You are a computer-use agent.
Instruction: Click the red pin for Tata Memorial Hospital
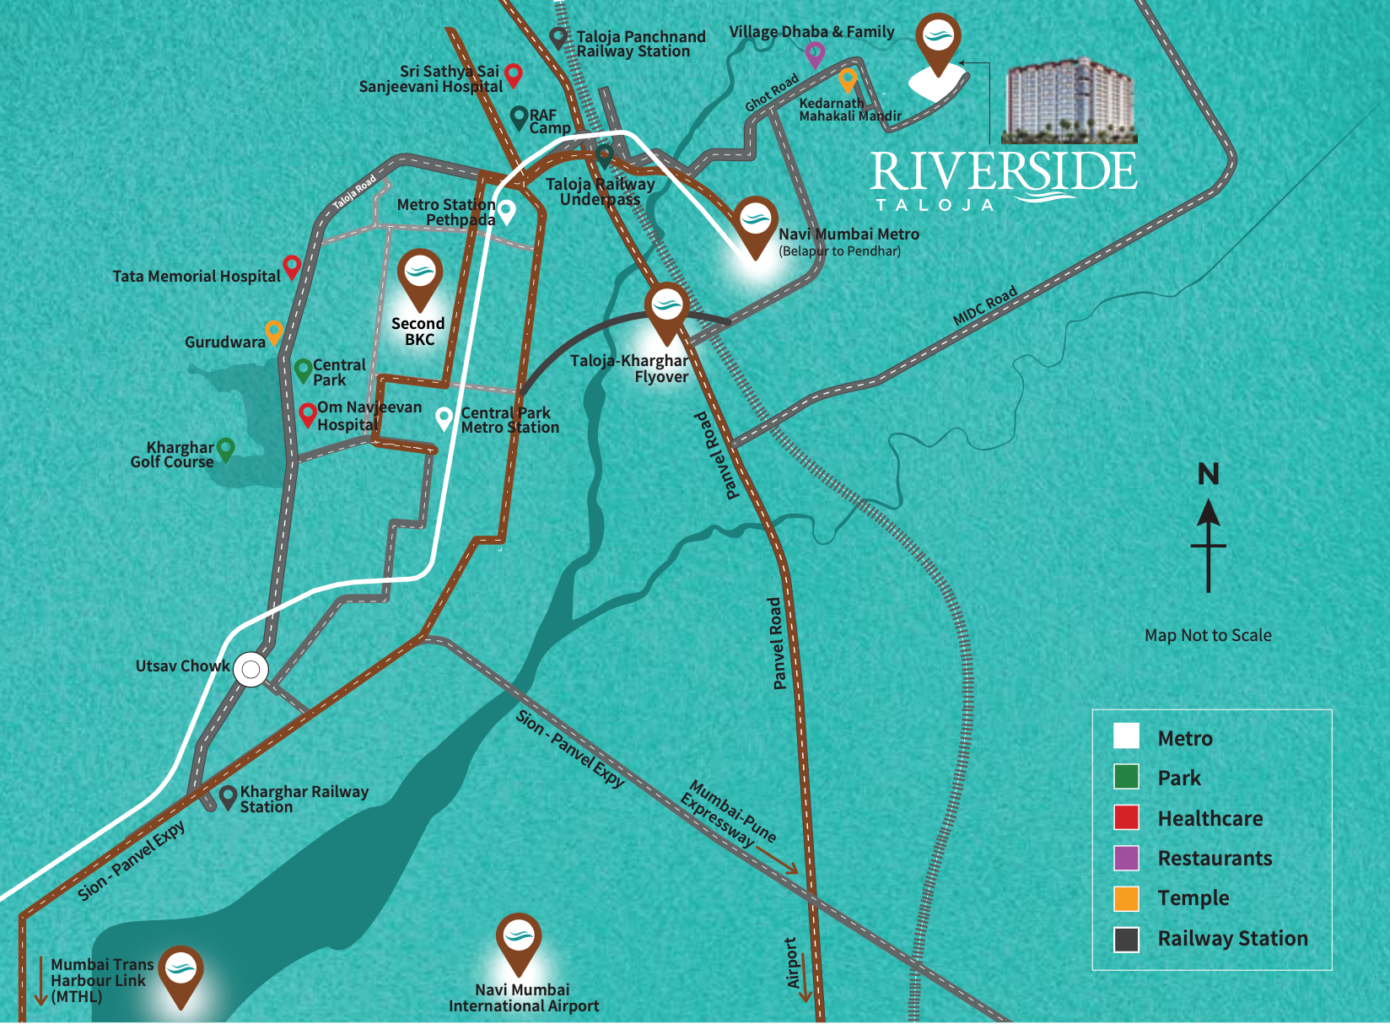[292, 267]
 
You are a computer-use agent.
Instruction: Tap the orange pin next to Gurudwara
[273, 331]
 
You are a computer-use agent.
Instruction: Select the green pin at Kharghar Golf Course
[225, 449]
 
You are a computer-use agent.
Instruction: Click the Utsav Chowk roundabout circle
[251, 671]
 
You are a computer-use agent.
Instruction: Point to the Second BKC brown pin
[419, 277]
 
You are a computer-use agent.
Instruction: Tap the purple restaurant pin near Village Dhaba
[814, 54]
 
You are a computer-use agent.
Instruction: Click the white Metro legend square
[1126, 736]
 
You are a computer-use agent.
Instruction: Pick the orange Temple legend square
[1126, 898]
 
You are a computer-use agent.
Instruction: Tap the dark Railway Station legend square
[1126, 939]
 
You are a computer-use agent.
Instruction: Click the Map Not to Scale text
[1208, 635]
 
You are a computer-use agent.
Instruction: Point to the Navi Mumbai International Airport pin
[518, 940]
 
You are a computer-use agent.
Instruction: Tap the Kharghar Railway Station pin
[228, 796]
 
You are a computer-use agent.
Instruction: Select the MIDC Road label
[985, 306]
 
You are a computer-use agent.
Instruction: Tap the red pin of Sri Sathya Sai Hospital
[513, 75]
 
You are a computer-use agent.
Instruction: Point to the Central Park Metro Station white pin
[444, 418]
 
